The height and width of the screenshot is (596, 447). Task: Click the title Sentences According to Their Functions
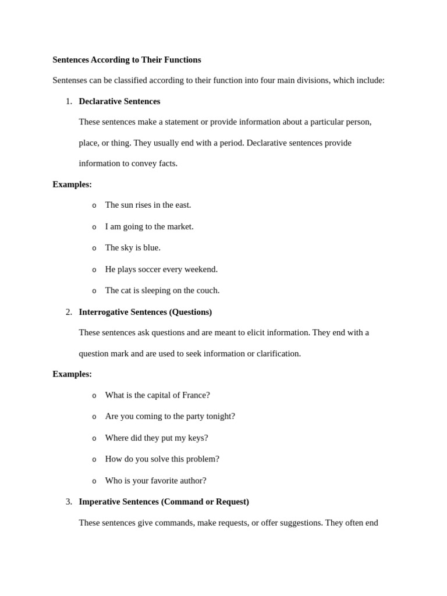tap(126, 60)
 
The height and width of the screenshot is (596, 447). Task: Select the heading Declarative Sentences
tap(119, 101)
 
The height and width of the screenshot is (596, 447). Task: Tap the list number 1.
tap(69, 101)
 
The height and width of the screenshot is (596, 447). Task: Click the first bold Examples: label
tap(72, 185)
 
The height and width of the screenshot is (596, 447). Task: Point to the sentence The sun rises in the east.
tap(148, 205)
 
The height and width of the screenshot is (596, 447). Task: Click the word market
tap(179, 226)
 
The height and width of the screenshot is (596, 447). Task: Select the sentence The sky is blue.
tap(133, 247)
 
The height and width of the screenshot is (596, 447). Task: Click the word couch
tap(207, 290)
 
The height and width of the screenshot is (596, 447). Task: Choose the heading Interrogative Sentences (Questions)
tap(145, 312)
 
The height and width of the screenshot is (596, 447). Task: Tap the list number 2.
tap(69, 312)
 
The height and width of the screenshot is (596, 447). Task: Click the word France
tap(195, 395)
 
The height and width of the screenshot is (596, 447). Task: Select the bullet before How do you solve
tap(94, 459)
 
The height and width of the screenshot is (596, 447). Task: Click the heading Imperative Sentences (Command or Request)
tap(164, 502)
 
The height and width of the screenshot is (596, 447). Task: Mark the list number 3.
tap(69, 502)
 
